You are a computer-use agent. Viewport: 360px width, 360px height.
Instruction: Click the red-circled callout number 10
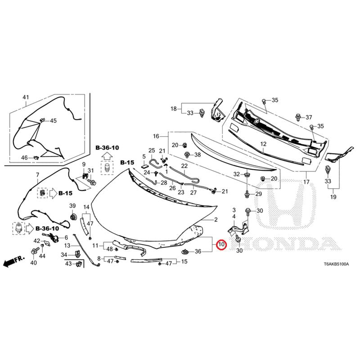221,244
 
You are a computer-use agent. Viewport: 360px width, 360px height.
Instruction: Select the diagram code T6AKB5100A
336,264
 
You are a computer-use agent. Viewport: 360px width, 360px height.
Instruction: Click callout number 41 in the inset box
26,97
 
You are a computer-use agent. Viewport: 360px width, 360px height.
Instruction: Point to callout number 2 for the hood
216,220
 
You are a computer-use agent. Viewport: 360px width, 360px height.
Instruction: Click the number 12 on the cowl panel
263,144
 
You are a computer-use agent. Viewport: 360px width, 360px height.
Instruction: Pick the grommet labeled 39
73,216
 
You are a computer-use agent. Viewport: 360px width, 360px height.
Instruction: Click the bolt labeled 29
247,194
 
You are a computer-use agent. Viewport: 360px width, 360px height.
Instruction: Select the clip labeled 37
298,117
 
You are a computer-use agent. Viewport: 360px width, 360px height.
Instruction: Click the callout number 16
156,136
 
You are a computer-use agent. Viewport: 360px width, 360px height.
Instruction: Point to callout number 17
306,182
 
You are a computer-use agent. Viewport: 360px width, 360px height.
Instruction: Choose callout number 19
333,197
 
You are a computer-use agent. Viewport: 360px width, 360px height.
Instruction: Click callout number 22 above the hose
184,166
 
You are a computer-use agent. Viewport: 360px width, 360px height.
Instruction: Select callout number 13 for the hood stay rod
67,246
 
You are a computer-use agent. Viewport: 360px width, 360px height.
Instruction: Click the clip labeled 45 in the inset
42,120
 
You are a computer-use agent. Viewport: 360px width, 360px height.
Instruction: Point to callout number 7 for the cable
37,175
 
